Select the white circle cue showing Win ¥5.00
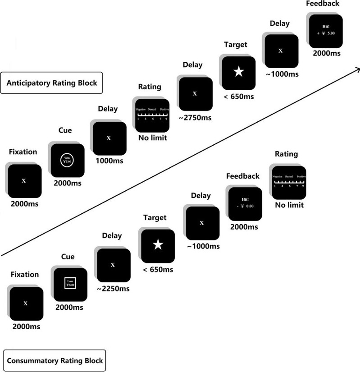68,160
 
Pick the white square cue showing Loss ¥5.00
70,284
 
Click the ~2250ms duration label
112,289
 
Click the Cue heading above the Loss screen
68,257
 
